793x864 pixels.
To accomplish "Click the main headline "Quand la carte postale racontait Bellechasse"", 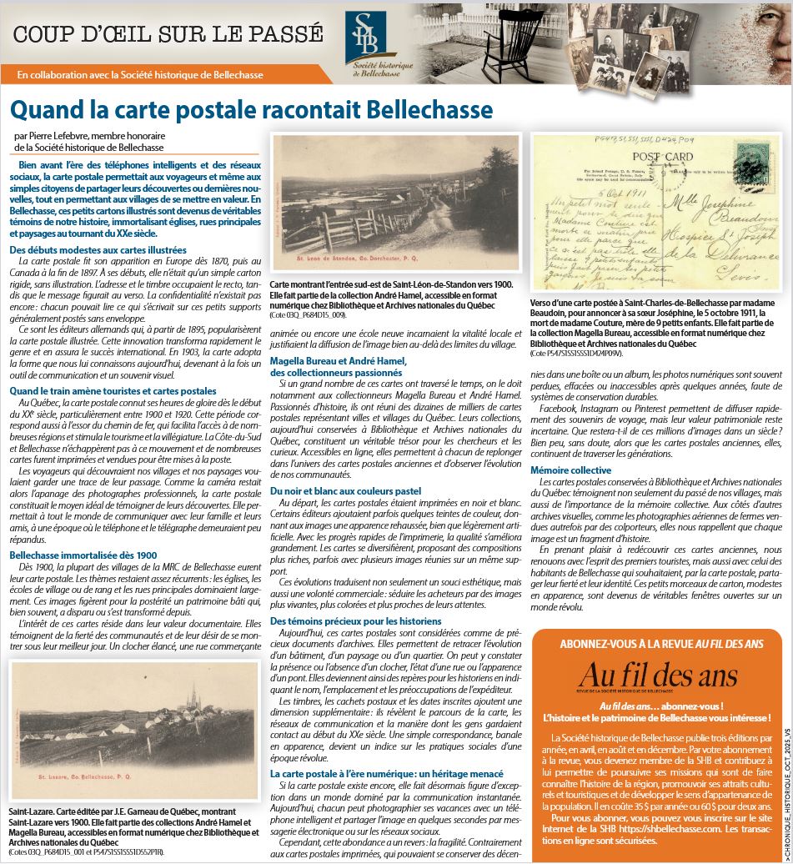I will (x=250, y=109).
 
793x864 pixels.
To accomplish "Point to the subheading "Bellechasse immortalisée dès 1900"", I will (x=83, y=555).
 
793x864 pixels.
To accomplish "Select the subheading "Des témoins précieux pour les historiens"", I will (x=356, y=622).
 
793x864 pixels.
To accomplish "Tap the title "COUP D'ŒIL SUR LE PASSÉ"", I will (x=168, y=34).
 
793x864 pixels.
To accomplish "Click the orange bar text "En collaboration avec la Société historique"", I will (x=140, y=74).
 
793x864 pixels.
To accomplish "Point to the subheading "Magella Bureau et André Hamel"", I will (x=339, y=360).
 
